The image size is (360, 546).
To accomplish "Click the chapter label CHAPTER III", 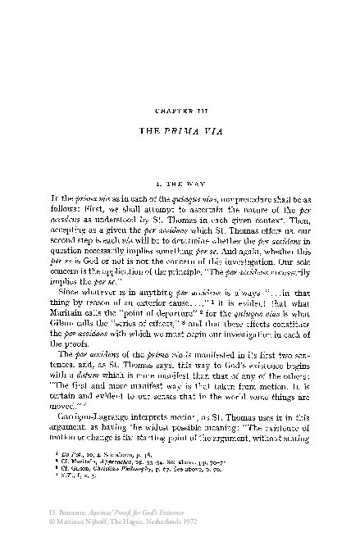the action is click(x=180, y=109).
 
